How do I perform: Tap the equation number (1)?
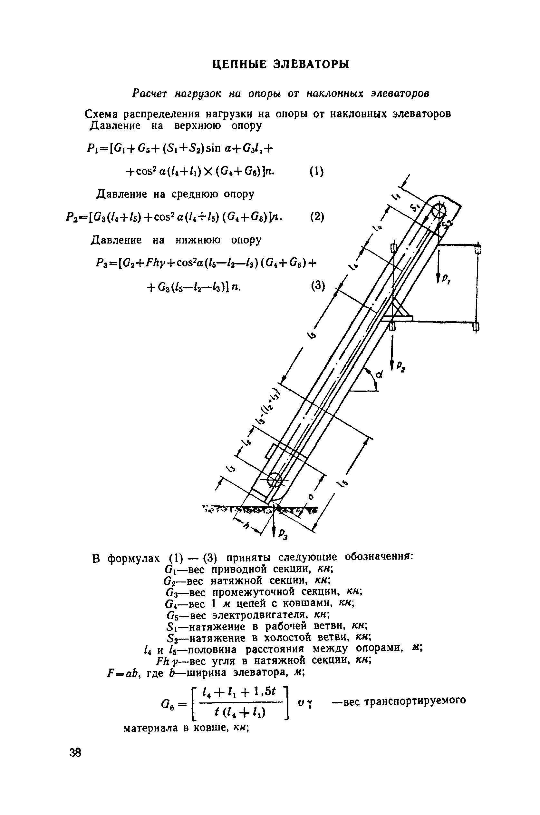tap(316, 171)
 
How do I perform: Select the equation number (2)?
tap(317, 217)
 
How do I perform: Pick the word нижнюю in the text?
tap(198, 240)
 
